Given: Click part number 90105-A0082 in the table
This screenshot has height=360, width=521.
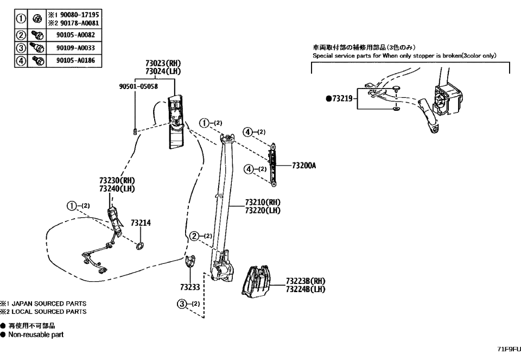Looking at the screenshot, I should (x=75, y=35).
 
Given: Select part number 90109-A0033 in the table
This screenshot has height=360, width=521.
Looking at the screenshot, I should (x=75, y=48).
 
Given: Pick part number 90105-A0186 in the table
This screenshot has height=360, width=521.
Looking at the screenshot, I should (x=75, y=60).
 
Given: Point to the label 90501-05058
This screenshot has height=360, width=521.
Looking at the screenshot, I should (x=138, y=86).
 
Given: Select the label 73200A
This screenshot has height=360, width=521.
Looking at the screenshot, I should (x=304, y=167).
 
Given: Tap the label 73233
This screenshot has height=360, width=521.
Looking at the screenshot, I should (x=190, y=287).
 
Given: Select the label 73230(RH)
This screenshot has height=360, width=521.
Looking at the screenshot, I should (x=117, y=181).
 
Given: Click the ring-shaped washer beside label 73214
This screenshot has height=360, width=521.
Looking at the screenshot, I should (x=139, y=247).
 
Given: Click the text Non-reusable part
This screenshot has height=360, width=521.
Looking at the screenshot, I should (x=37, y=334).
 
